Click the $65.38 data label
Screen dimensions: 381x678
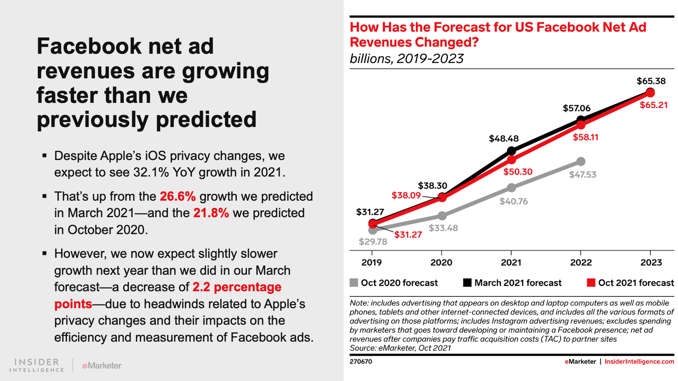pyautogui.click(x=651, y=81)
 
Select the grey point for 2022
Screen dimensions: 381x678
pyautogui.click(x=581, y=161)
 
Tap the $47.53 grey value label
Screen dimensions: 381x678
pyautogui.click(x=583, y=174)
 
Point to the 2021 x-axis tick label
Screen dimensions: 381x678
pyautogui.click(x=511, y=262)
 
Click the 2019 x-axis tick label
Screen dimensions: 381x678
pyautogui.click(x=372, y=262)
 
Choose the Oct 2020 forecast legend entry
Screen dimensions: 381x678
pyautogui.click(x=394, y=283)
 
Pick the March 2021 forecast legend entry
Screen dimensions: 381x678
pyautogui.click(x=512, y=283)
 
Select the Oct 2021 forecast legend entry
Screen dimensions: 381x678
pyautogui.click(x=631, y=283)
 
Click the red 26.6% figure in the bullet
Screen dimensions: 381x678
pyautogui.click(x=178, y=196)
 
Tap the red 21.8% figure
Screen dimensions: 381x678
pyautogui.click(x=211, y=213)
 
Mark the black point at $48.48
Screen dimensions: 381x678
pyautogui.click(x=511, y=151)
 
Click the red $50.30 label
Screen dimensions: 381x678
pyautogui.click(x=518, y=171)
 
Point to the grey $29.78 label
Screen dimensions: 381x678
pyautogui.click(x=373, y=242)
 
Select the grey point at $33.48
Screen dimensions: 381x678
pyautogui.click(x=442, y=216)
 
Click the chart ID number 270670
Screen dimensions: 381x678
pyautogui.click(x=361, y=362)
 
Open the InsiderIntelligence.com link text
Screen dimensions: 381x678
pyautogui.click(x=639, y=362)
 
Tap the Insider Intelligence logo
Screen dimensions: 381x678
pyautogui.click(x=37, y=365)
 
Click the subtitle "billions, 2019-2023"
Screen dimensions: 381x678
pyautogui.click(x=406, y=58)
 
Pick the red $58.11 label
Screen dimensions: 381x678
pyautogui.click(x=586, y=137)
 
